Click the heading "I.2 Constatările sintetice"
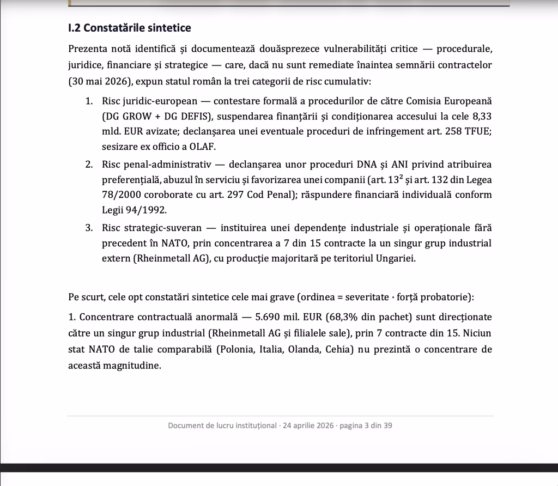click(x=130, y=27)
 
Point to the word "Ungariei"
click(x=396, y=258)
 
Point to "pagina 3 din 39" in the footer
click(x=366, y=426)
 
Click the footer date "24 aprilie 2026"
click(x=307, y=426)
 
